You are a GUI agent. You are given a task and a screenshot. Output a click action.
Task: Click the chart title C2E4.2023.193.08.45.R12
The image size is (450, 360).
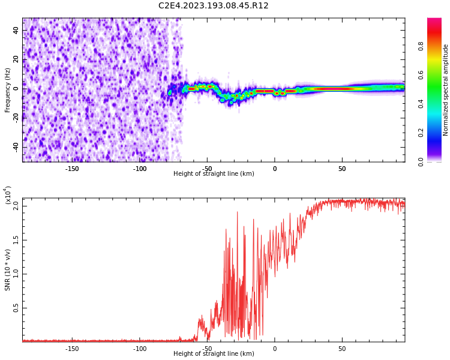click(214, 6)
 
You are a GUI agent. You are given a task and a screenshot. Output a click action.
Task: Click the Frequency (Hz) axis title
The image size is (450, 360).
click(8, 90)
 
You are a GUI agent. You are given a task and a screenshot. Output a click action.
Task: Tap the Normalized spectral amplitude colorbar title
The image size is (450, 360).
click(446, 90)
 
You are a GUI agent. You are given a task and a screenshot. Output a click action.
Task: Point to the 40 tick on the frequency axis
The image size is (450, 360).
click(16, 31)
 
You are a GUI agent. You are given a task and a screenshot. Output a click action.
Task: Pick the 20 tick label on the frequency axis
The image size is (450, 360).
click(16, 59)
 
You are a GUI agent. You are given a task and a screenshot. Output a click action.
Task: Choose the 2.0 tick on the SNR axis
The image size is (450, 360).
click(16, 206)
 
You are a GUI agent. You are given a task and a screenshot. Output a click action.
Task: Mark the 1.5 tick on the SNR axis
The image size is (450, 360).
click(16, 240)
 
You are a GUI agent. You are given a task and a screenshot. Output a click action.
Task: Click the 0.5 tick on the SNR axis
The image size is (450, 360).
click(16, 308)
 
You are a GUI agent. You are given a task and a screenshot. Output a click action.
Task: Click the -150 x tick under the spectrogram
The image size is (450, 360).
click(72, 168)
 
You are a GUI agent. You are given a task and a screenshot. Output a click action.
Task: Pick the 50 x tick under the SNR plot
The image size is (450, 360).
click(342, 348)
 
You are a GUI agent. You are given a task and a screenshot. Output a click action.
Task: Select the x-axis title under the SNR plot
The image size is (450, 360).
click(214, 354)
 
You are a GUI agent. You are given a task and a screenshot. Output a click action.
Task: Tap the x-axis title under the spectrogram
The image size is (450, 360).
click(214, 174)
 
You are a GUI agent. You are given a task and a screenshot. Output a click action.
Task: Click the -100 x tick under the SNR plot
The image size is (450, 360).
click(140, 348)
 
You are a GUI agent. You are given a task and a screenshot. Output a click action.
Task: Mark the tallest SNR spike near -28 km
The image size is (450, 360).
click(237, 212)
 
